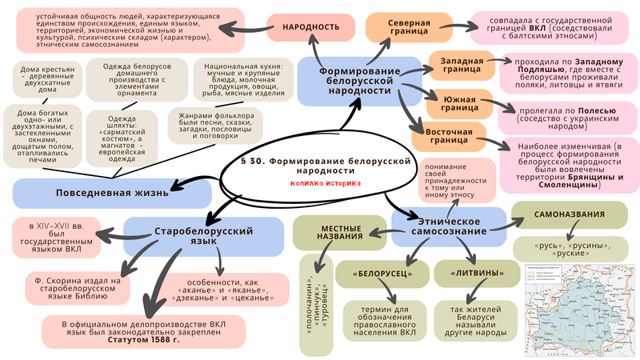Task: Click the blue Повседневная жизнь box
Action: coord(112,193)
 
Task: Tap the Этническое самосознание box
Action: coord(449,226)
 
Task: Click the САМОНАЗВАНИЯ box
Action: coord(569,214)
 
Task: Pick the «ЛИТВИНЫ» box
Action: coord(477,274)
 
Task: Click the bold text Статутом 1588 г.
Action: coord(142,341)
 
